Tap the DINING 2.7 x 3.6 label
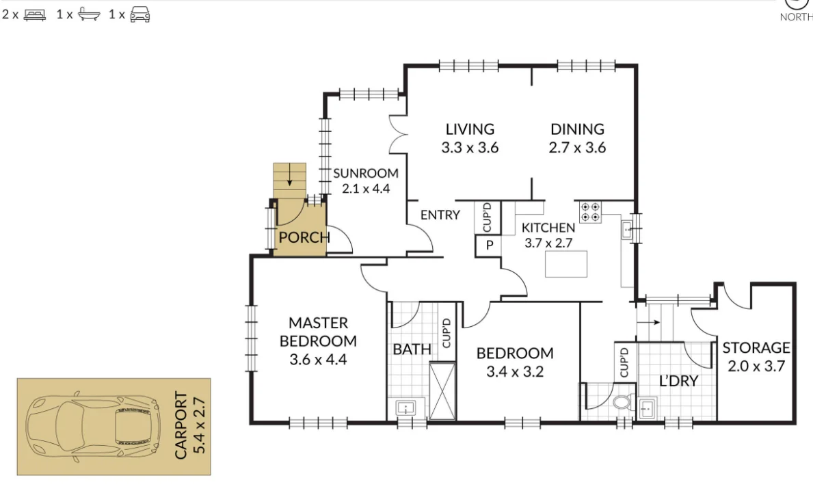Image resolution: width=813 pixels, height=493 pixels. [x=577, y=137]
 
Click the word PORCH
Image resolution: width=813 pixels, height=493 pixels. [x=304, y=238]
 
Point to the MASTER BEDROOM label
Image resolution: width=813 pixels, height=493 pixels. [x=318, y=341]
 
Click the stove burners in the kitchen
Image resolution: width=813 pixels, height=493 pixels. [x=591, y=212]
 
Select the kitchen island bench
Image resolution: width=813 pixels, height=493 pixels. [x=566, y=263]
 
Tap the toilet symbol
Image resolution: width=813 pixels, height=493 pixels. [x=622, y=402]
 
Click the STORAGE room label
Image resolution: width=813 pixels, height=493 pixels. [x=756, y=356]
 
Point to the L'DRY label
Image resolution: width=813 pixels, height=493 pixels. [x=678, y=381]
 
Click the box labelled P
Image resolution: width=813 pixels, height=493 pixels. [x=490, y=245]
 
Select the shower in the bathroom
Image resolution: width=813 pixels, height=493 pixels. [x=442, y=390]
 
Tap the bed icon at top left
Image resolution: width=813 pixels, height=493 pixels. [x=34, y=14]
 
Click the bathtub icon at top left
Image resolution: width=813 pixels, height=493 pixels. [x=88, y=14]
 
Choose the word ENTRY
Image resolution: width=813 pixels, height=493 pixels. [x=440, y=215]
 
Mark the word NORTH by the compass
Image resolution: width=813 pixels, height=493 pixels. [x=796, y=17]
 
